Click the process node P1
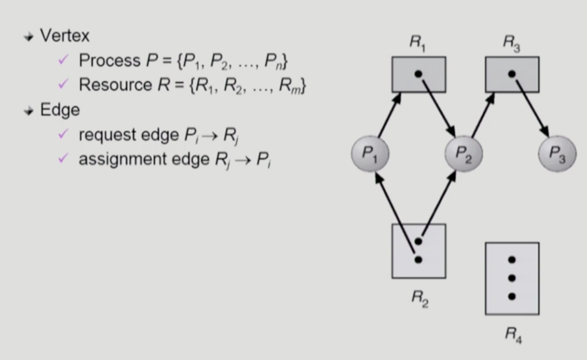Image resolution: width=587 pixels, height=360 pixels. (x=370, y=154)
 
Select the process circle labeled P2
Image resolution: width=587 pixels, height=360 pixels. (x=463, y=154)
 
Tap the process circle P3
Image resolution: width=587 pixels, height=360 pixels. (x=557, y=154)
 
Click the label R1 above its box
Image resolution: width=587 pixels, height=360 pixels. (x=417, y=43)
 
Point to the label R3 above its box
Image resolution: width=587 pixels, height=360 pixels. (x=511, y=43)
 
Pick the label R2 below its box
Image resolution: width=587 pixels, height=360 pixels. (x=418, y=296)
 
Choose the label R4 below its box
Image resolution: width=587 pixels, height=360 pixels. (x=512, y=334)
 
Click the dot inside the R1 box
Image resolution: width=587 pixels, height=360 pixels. (x=418, y=74)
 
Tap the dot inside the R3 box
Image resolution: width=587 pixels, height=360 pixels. (x=512, y=74)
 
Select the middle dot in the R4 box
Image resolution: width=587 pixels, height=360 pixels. (x=512, y=278)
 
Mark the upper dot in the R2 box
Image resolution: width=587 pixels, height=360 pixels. (x=418, y=241)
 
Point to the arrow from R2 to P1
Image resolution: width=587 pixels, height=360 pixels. (x=394, y=216)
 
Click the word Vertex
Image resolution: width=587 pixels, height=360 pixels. (x=64, y=36)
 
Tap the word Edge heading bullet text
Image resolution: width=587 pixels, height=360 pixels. (x=60, y=110)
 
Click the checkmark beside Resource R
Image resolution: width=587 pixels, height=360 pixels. (x=64, y=84)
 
